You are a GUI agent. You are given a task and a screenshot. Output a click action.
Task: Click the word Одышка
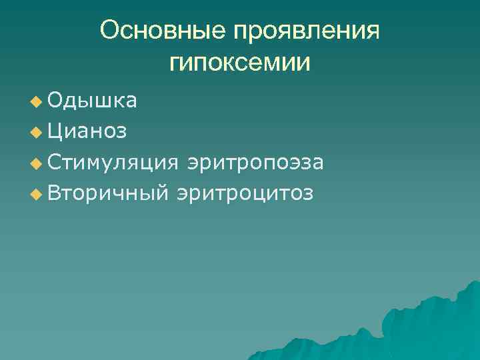point(93,101)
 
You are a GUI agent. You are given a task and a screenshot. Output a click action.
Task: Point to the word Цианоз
point(87,131)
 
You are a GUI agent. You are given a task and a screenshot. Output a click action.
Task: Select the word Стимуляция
point(113,162)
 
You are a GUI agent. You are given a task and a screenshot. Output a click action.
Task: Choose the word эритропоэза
point(256,162)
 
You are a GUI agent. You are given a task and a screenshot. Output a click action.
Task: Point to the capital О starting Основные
point(109,31)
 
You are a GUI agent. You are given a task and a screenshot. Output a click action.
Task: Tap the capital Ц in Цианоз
point(55,131)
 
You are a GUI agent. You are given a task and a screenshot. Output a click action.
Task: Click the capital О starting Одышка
point(55,101)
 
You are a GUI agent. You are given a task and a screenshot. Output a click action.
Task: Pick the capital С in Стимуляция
point(55,162)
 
